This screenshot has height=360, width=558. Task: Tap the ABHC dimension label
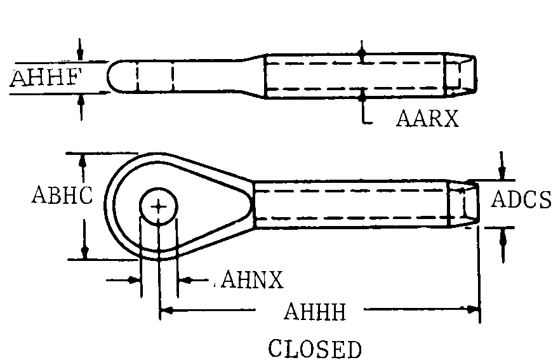click(62, 196)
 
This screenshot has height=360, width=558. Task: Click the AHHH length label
click(315, 312)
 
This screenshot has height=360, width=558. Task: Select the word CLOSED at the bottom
click(315, 349)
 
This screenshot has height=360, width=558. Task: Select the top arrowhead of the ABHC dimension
click(83, 159)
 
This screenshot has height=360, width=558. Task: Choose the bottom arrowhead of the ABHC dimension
click(83, 252)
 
